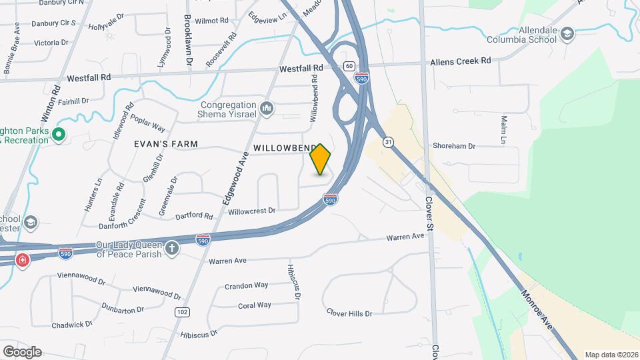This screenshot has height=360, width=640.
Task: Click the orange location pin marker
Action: pyautogui.click(x=321, y=159)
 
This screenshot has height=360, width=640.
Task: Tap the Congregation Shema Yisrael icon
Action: pyautogui.click(x=267, y=107)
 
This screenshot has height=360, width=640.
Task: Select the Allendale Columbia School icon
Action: pyautogui.click(x=567, y=35)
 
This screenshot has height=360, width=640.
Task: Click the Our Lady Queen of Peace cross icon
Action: pyautogui.click(x=173, y=249)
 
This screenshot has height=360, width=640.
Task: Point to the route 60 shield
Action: pyautogui.click(x=349, y=66)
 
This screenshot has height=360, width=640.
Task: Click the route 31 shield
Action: pyautogui.click(x=388, y=142)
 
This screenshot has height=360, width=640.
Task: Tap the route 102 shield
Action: pyautogui.click(x=181, y=312)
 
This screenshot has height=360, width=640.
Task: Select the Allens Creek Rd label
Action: pyautogui.click(x=460, y=61)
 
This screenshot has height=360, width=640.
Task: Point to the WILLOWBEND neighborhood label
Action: pyautogui.click(x=283, y=147)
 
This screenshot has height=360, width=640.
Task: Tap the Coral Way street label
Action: pyautogui.click(x=255, y=305)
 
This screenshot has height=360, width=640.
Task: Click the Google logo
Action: pyautogui.click(x=22, y=351)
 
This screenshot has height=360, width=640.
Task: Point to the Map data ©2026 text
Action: pyautogui.click(x=611, y=355)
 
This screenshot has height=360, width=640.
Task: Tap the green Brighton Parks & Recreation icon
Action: pyautogui.click(x=58, y=135)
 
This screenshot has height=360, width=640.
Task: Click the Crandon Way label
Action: pyautogui.click(x=246, y=285)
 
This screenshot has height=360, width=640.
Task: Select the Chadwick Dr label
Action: pyautogui.click(x=72, y=325)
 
